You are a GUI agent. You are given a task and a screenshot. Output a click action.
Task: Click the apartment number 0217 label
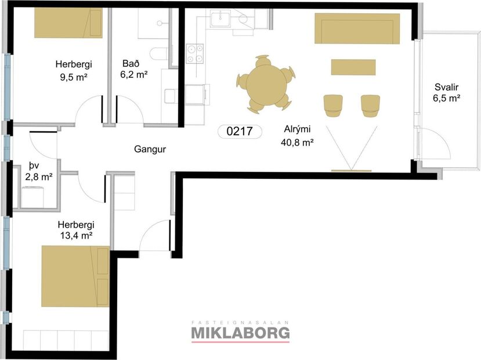click(x=240, y=131)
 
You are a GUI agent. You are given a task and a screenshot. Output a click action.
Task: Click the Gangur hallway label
click(x=150, y=149)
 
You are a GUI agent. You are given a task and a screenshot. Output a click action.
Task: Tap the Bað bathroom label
click(x=130, y=63)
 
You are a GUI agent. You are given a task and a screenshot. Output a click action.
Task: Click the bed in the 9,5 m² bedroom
click(x=68, y=23)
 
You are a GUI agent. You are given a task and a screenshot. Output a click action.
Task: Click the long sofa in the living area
click(x=358, y=28)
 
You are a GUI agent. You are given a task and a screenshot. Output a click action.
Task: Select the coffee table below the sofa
click(x=353, y=67)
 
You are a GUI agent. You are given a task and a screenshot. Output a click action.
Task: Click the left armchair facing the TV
click(x=333, y=105)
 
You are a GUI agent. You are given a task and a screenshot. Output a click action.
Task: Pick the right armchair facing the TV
click(x=370, y=105)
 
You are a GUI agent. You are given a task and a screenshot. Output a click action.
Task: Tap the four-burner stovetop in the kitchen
click(x=194, y=54)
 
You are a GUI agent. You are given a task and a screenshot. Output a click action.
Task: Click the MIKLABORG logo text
click(x=240, y=333)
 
